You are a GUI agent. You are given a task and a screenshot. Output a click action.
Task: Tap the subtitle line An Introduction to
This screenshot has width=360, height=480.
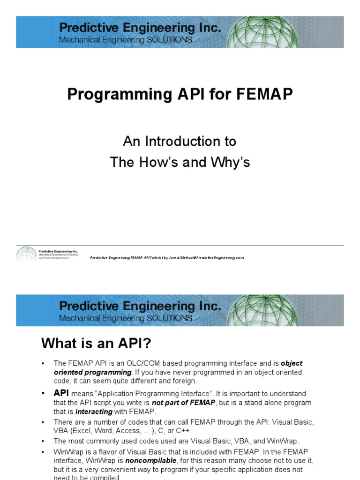(x=180, y=141)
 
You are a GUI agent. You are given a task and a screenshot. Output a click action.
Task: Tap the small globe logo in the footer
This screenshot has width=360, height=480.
(x=26, y=254)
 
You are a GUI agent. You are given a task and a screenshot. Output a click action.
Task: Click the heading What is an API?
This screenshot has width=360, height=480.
(x=96, y=344)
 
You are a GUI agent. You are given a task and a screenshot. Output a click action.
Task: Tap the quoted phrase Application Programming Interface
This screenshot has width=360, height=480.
(x=167, y=394)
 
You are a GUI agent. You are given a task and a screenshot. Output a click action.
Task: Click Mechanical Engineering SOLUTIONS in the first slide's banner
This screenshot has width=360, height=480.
(x=125, y=40)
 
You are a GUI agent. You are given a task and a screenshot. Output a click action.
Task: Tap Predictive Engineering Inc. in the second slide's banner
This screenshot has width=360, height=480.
(x=140, y=306)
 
